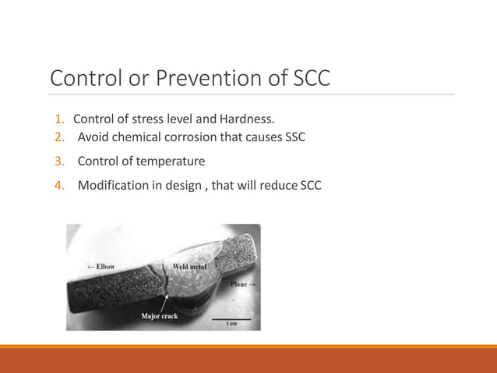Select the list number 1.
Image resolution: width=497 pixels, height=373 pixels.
click(x=59, y=119)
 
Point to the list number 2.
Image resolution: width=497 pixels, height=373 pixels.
click(x=59, y=138)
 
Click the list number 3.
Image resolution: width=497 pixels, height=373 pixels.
click(x=59, y=162)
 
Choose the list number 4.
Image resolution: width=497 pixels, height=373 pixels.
click(x=59, y=186)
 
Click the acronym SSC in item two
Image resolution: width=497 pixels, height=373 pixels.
click(x=293, y=138)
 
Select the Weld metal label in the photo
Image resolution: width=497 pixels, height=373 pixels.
click(x=189, y=267)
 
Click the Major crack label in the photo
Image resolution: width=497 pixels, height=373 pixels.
click(x=160, y=316)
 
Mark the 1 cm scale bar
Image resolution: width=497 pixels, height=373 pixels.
click(x=233, y=320)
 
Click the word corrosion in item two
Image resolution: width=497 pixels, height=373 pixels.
click(x=198, y=138)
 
